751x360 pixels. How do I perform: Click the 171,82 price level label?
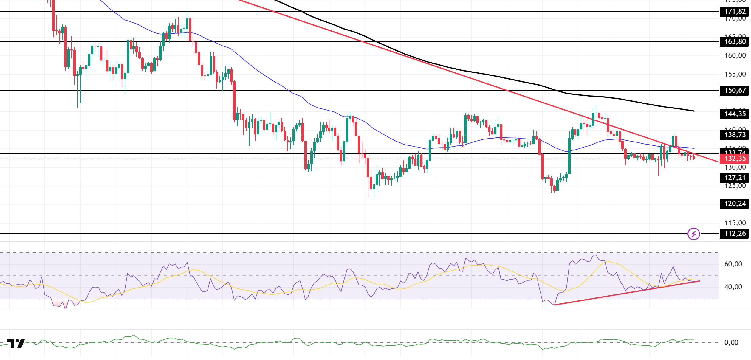click(735, 12)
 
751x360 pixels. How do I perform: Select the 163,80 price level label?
click(735, 42)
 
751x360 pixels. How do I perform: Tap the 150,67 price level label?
click(735, 90)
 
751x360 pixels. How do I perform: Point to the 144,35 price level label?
click(735, 114)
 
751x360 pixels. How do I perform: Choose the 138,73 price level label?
click(735, 135)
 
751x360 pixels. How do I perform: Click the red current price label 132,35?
click(735, 159)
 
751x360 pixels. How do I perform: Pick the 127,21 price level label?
click(735, 178)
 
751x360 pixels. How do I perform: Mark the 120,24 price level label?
click(735, 204)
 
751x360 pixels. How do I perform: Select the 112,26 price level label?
click(735, 234)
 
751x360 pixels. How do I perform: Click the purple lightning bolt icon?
click(694, 234)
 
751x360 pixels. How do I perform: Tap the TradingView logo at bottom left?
click(16, 343)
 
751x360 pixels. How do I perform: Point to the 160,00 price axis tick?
click(735, 55)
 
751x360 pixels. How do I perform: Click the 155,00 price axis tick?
click(735, 74)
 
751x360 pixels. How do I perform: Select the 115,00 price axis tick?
click(735, 223)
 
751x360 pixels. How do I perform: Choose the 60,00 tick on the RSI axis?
click(733, 264)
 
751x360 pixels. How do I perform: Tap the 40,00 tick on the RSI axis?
click(733, 287)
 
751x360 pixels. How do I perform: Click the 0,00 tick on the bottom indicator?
click(731, 342)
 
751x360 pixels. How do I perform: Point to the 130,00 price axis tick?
click(735, 167)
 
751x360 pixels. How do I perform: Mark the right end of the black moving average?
click(694, 111)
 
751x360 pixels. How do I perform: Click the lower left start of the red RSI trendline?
click(555, 305)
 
